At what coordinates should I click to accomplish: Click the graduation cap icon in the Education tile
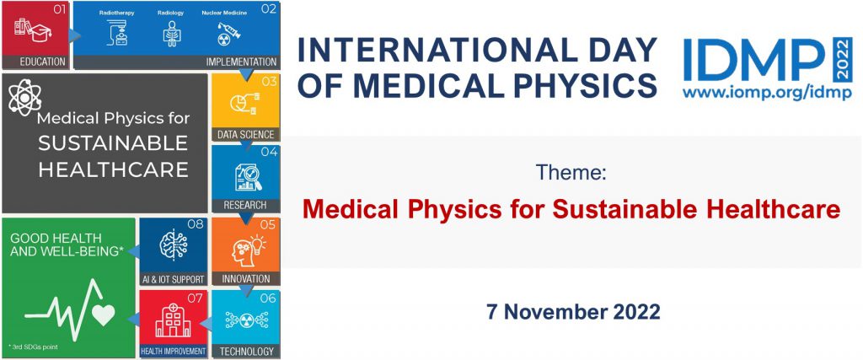tap(40, 32)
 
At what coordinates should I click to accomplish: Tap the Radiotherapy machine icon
tap(116, 33)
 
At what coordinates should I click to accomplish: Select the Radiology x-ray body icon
tap(172, 33)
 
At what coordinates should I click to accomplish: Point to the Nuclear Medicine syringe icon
tap(228, 34)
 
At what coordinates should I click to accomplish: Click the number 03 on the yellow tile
tap(269, 82)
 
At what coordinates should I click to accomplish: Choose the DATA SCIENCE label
tap(245, 134)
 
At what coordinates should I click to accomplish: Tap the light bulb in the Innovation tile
tap(258, 244)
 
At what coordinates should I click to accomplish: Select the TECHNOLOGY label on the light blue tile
tap(247, 351)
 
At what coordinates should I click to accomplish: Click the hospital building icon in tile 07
tap(173, 320)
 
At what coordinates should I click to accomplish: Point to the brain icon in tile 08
tap(174, 245)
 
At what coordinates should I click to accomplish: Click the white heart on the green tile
tap(103, 314)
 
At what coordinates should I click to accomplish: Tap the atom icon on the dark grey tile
tap(24, 98)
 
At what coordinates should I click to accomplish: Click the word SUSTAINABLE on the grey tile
tap(113, 143)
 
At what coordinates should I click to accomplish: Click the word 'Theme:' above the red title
tap(571, 173)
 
